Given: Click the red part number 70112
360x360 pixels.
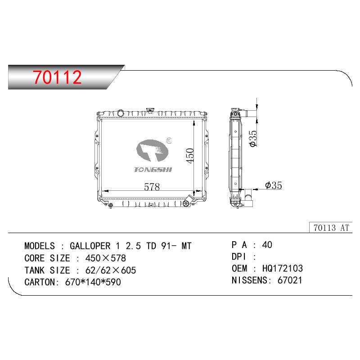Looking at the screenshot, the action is click(57, 77).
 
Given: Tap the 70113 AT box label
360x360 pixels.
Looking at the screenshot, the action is click(331, 228).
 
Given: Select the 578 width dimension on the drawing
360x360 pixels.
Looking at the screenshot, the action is click(152, 187).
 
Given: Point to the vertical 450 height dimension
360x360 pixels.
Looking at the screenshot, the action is click(190, 156).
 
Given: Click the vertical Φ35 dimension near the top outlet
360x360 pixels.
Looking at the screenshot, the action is click(253, 139).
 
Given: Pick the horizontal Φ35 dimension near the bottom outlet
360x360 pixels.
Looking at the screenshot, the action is click(274, 185).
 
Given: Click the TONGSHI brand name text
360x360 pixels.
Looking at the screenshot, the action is click(153, 170).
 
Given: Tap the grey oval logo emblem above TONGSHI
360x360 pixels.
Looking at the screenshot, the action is click(152, 150).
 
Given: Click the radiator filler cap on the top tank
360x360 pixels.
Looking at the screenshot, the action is click(150, 110).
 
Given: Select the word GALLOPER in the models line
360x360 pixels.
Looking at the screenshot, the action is click(90, 246).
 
